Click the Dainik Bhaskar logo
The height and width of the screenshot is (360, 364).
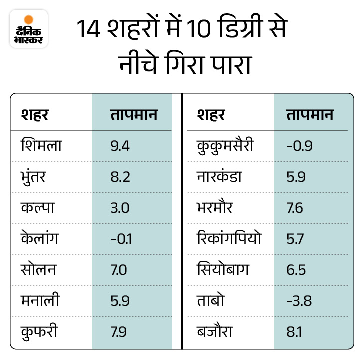(29, 29)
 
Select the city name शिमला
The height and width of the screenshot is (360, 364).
(41, 145)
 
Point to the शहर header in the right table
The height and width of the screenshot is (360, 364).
(211, 115)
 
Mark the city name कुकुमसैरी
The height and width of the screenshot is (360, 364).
(226, 145)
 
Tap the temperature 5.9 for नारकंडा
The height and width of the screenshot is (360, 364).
(296, 177)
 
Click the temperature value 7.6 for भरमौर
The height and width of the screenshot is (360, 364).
(295, 208)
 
